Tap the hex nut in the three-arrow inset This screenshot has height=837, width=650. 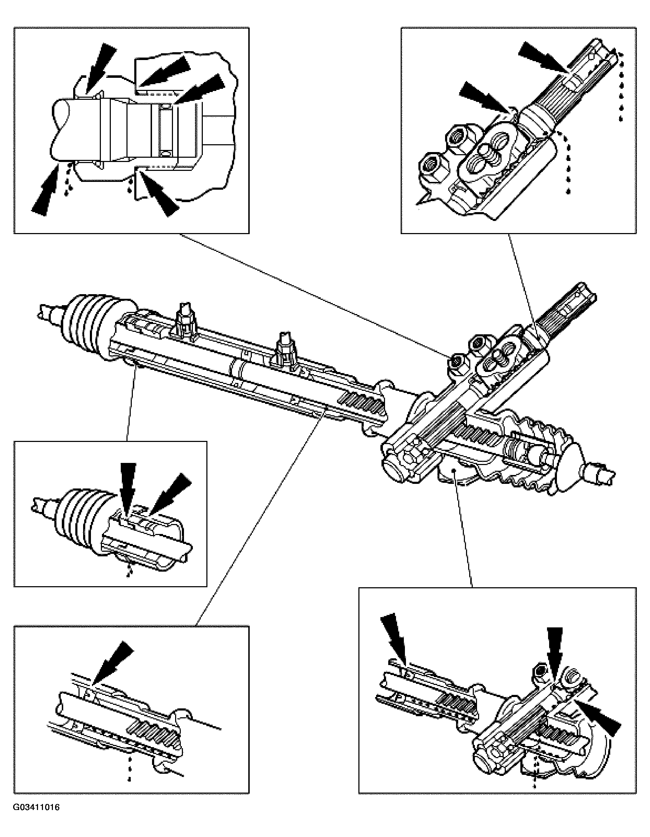click(540, 670)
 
